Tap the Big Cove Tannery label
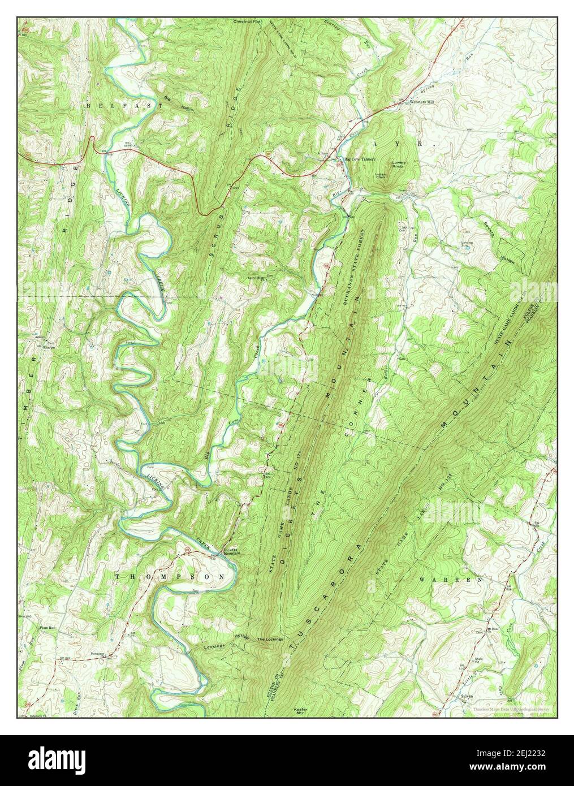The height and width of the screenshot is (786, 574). tap(360, 159)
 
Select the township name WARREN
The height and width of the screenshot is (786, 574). tap(452, 580)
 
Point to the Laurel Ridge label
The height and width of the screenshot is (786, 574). tap(258, 278)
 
